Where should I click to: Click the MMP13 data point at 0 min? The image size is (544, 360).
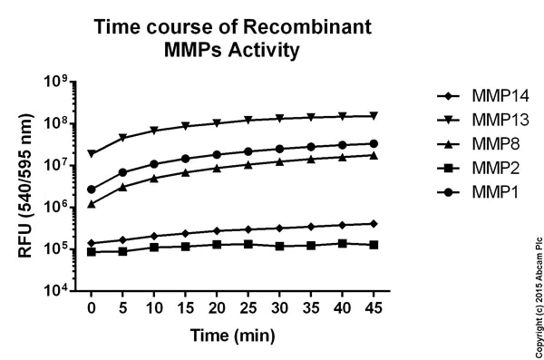pos(92,154)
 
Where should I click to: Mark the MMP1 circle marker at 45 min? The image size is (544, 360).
pos(374,143)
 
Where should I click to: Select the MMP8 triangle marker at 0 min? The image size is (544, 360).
pos(92,204)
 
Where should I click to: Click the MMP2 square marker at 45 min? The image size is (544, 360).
pos(374,245)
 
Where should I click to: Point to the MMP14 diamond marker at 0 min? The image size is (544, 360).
pos(92,243)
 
